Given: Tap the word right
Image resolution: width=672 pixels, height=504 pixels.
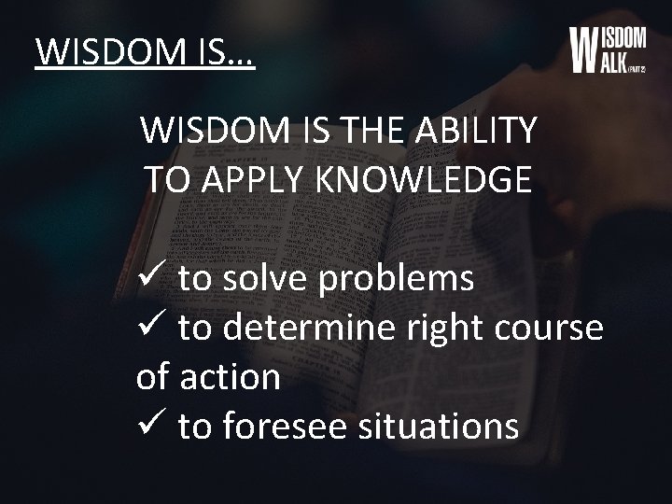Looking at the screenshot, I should click(440, 329).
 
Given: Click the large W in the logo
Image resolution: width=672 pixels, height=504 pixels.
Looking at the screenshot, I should click(583, 49).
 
